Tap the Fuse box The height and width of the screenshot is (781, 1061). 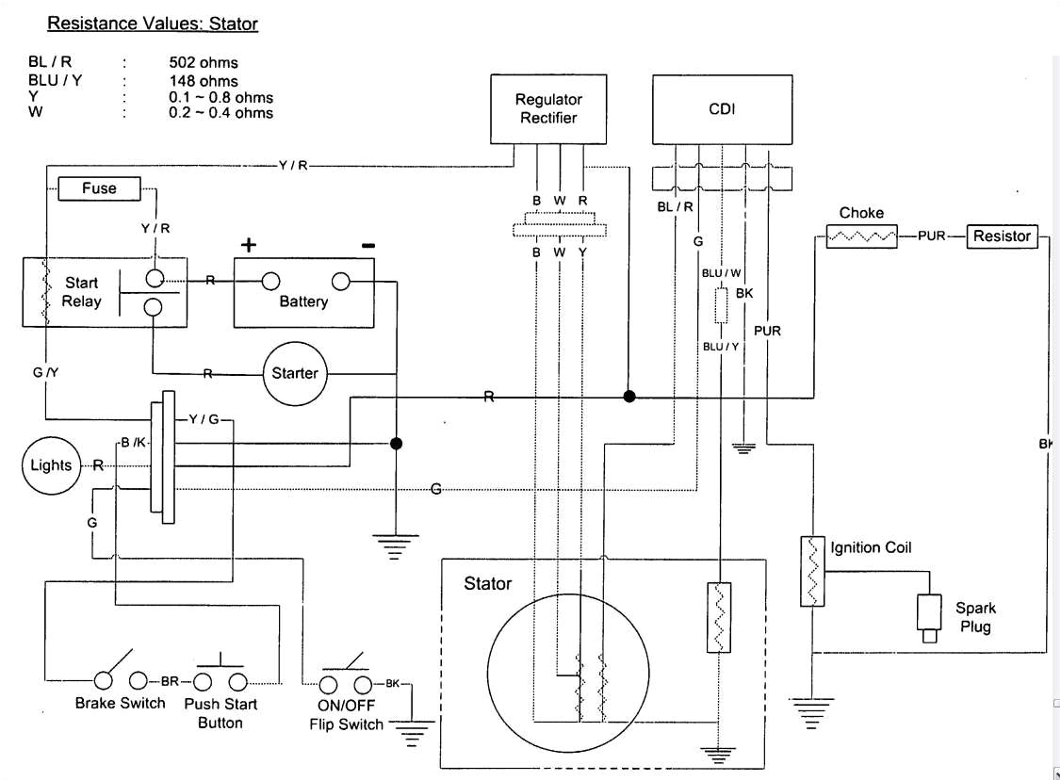coord(99,188)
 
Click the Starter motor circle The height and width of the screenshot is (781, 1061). coord(295,373)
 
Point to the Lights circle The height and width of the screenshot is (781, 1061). coord(51,465)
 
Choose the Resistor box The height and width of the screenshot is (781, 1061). coord(1002,236)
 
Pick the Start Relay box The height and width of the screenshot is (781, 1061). coord(104,292)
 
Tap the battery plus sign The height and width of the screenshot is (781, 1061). coord(249,246)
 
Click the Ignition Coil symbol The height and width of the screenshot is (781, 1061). coord(811,572)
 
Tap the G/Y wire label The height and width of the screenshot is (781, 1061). coord(45,373)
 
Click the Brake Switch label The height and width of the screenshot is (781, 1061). coord(120,703)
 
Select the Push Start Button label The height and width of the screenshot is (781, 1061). coord(220,713)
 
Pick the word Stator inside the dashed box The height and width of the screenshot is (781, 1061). coord(488,584)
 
